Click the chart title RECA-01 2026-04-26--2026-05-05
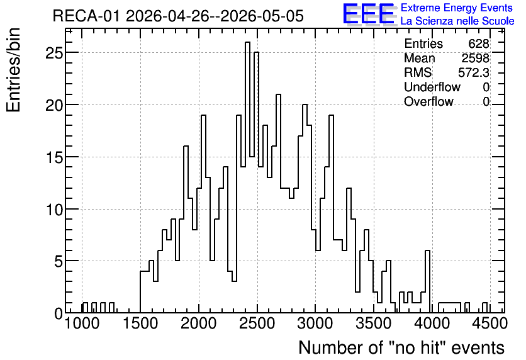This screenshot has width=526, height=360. click(x=178, y=16)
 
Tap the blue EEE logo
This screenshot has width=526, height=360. click(x=369, y=14)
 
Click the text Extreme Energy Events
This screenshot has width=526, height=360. click(x=457, y=8)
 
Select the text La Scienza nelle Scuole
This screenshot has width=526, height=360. click(x=457, y=21)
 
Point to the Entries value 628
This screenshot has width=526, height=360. click(x=479, y=43)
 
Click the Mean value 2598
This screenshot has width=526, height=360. click(x=475, y=58)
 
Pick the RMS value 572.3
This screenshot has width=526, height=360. click(x=474, y=72)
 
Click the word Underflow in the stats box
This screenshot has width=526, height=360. click(x=432, y=87)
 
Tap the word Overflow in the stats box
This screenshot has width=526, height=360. click(x=428, y=101)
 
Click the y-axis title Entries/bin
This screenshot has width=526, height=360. click(x=14, y=70)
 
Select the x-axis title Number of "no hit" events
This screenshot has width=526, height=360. click(x=401, y=347)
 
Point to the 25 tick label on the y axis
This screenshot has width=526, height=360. click(x=54, y=53)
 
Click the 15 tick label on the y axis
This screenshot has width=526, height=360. click(x=54, y=157)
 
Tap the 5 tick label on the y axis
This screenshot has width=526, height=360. click(x=59, y=261)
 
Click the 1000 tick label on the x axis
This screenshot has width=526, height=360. click(x=82, y=323)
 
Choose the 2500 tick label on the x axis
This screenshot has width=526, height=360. click(x=257, y=323)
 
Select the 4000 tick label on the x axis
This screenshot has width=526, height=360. click(x=432, y=323)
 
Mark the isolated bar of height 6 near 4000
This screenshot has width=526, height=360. click(x=427, y=281)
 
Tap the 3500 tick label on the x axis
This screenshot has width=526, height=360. click(x=373, y=323)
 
